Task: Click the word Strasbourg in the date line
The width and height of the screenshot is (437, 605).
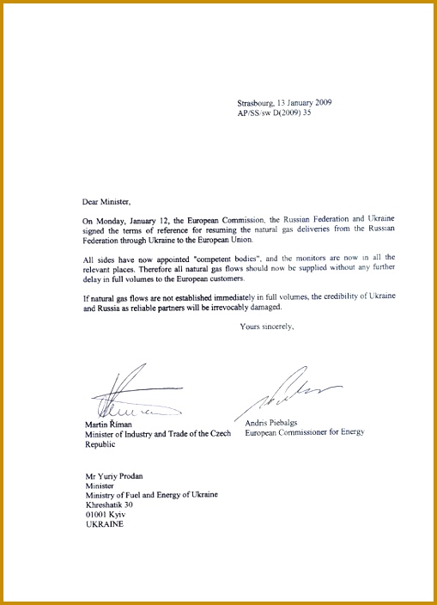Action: point(255,102)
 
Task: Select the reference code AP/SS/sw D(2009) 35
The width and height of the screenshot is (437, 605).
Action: point(283,113)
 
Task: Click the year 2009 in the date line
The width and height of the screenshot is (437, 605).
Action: point(320,102)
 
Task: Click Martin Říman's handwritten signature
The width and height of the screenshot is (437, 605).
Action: point(129,394)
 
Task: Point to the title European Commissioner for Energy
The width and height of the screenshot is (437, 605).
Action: point(305,432)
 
